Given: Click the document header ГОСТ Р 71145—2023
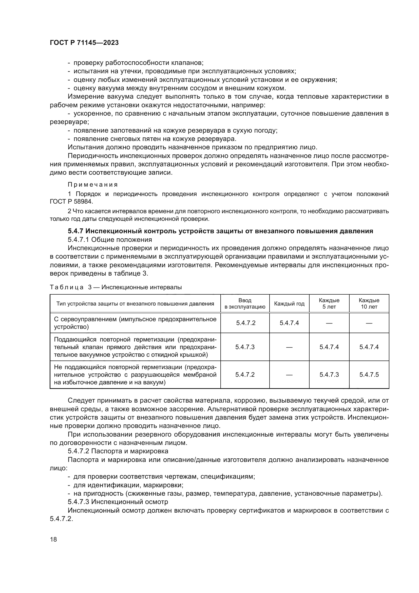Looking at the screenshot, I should pos(84,43).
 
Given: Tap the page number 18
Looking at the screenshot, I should pos(53,539).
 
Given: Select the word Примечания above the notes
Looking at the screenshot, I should pos(93,185).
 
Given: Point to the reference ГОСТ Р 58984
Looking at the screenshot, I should pos(71,201).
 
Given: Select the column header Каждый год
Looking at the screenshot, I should pos(289,304).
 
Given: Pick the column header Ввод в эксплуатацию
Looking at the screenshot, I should pos(245,304).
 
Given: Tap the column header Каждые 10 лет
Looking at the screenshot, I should pos(369,304).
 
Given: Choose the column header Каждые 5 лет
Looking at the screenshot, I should pos(329,304).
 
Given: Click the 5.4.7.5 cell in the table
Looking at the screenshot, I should pos(369,375).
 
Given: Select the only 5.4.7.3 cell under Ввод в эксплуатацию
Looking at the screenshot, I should pos(245,347).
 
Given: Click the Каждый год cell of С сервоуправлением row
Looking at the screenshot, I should pos(289,323).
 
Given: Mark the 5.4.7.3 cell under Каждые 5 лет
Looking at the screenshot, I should pos(329,375).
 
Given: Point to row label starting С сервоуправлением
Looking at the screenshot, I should pos(135,323).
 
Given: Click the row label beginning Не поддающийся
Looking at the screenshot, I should pos(135,375).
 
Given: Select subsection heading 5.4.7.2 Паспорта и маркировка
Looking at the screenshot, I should pos(118,451).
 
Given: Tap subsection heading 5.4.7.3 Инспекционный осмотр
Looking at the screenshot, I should pos(118,502).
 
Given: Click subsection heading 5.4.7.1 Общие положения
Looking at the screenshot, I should pos(110,240).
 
